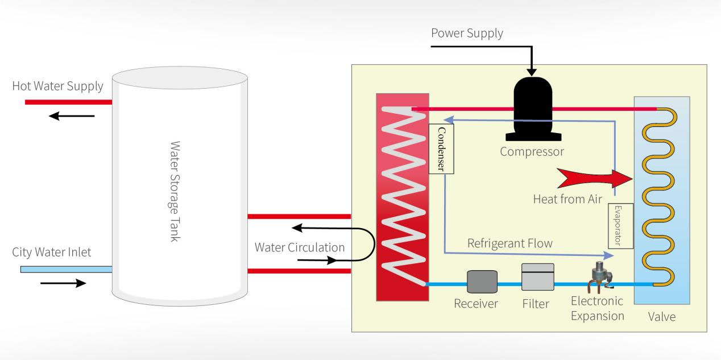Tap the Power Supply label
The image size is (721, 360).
coord(467,33)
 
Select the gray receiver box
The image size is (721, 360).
coord(482,282)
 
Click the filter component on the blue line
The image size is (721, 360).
coord(537,278)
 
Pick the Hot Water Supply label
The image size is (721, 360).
coord(57,86)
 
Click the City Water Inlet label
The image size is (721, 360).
coord(51,252)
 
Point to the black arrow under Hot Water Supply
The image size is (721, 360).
coord(72,116)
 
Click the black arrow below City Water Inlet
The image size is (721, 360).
coord(63,283)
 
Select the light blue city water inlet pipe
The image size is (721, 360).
coord(66,269)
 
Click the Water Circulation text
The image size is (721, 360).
coord(299,247)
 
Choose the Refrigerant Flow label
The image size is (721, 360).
coord(509,243)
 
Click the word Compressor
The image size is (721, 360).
coord(532,152)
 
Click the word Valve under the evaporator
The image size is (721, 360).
coord(662,317)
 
